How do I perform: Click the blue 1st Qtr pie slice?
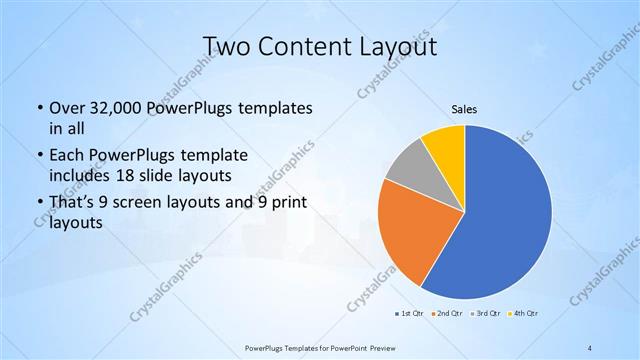(505, 220)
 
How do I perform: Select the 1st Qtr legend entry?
(407, 313)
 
